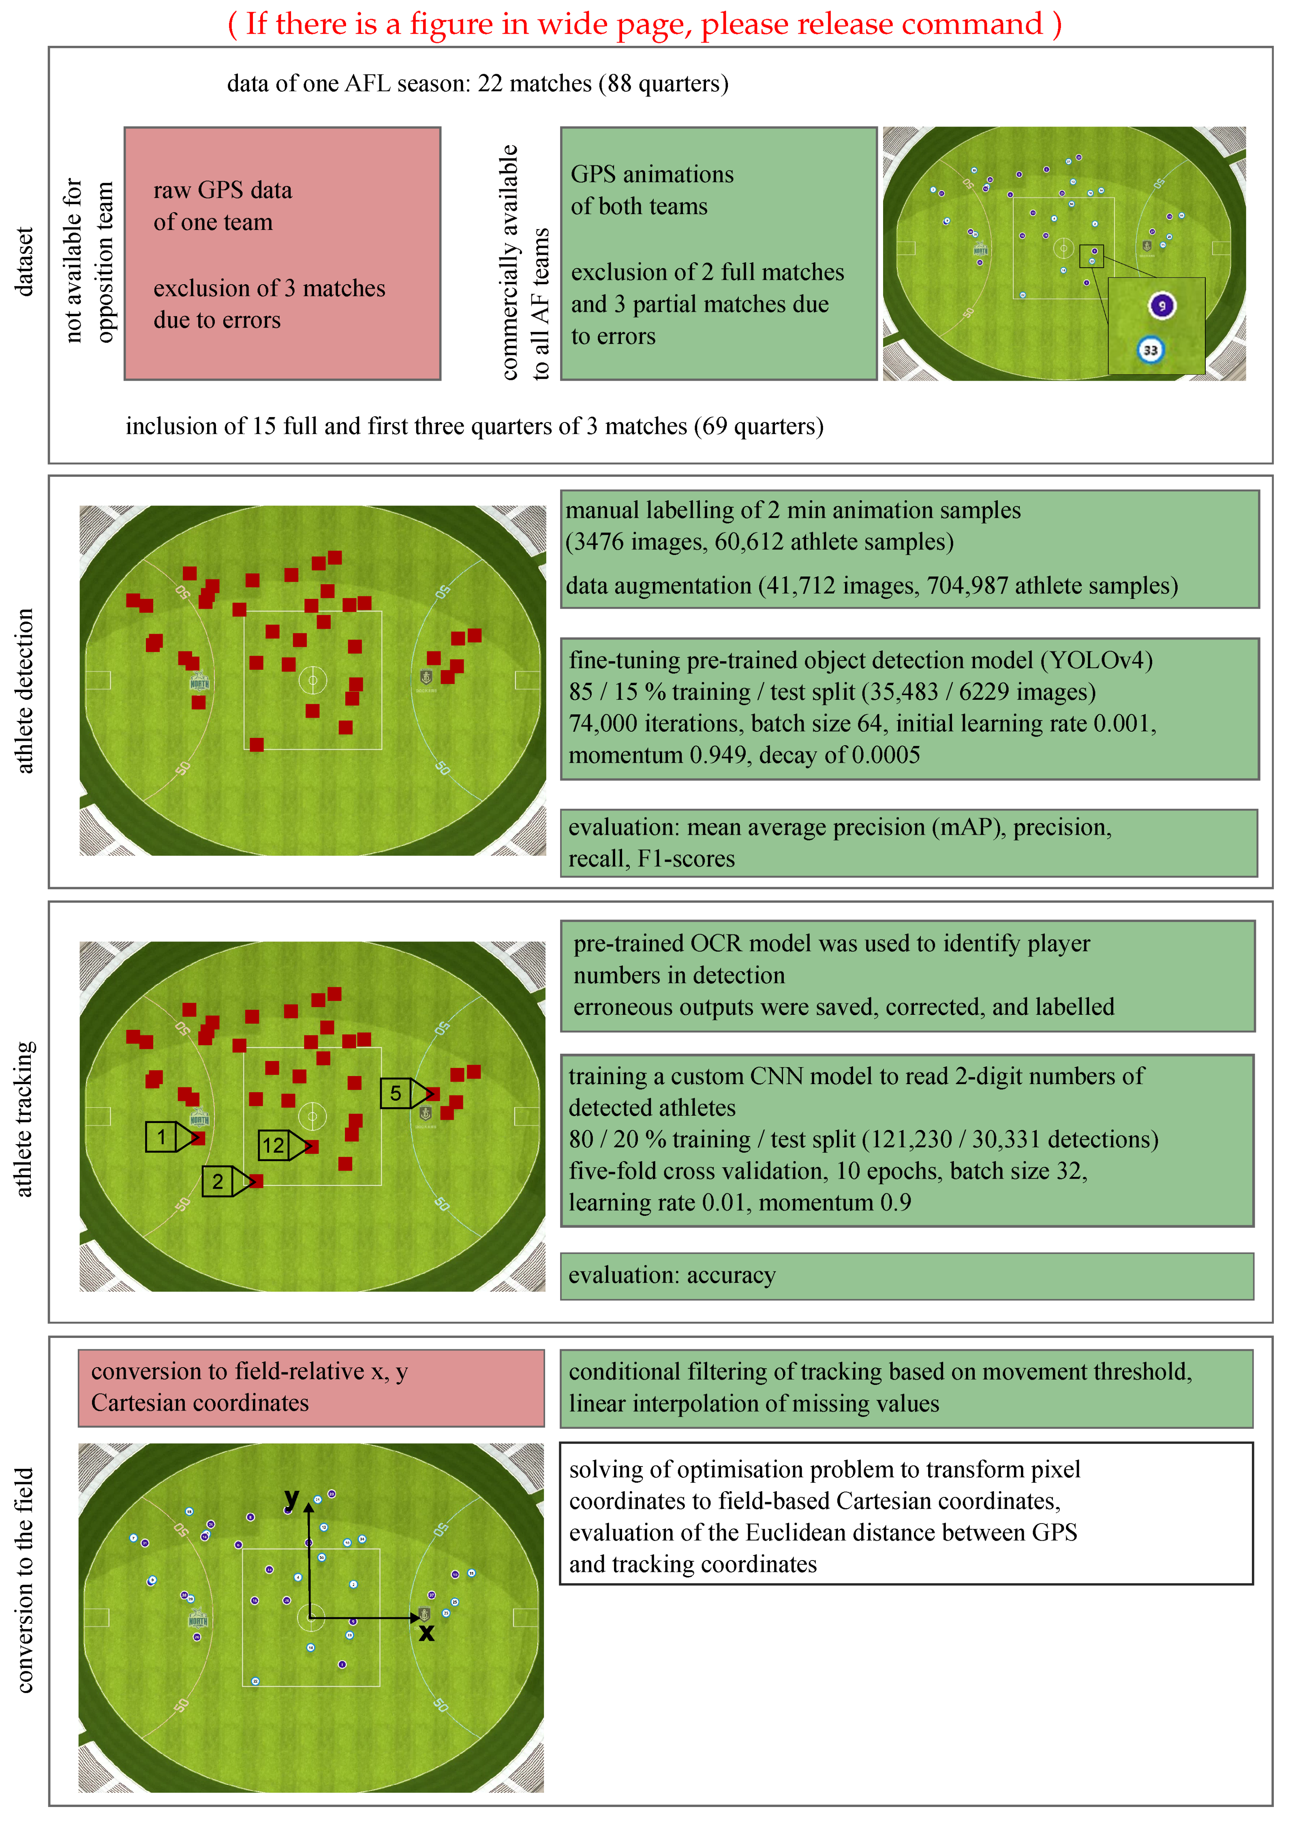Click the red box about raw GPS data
282,253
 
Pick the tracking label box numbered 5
395,1093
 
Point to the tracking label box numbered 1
161,1137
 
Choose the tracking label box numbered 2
218,1181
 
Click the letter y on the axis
291,1498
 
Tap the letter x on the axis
427,1633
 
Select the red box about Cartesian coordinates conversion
310,1387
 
